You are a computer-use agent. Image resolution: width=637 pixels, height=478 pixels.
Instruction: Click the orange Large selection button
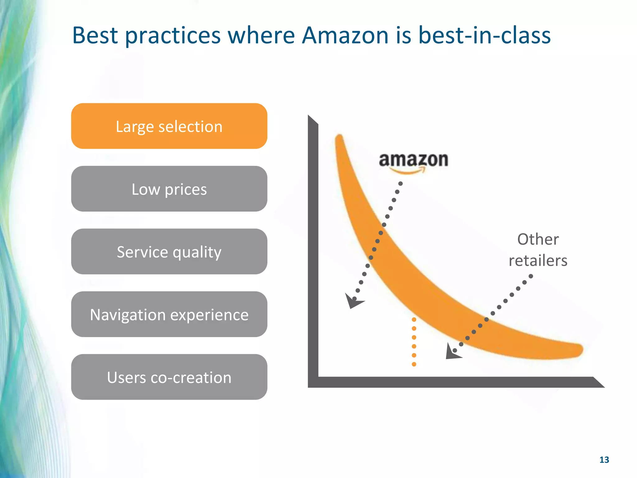pos(169,126)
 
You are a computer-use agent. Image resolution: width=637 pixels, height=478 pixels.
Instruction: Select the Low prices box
pos(169,189)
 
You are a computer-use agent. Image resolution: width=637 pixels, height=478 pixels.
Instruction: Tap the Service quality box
pos(169,251)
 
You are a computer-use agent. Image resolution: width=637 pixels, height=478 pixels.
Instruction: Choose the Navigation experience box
pos(169,314)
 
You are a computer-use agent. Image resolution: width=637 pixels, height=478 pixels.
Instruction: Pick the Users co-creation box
pos(169,377)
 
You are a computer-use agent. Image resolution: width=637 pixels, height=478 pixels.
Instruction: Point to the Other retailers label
pos(538,250)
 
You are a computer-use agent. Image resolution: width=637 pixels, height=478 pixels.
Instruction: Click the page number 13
pos(604,460)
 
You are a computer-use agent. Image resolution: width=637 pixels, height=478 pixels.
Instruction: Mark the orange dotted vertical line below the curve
pos(414,342)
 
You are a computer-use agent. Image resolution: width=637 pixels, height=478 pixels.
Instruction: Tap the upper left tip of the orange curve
pos(339,137)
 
